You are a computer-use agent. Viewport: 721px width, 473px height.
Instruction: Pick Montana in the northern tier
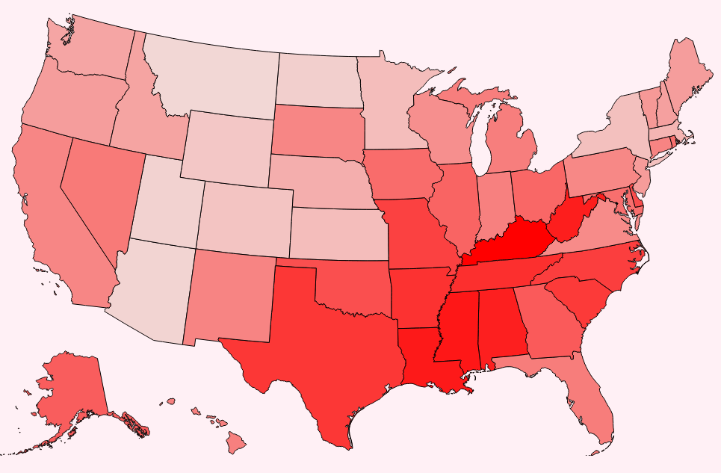tap(217, 75)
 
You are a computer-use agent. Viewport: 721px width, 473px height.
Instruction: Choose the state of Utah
tap(164, 202)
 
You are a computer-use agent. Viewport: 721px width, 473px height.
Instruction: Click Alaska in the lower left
tap(71, 389)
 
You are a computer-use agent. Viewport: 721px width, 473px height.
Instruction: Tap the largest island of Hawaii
tap(236, 444)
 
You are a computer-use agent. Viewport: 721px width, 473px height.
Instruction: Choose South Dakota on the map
tap(318, 131)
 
